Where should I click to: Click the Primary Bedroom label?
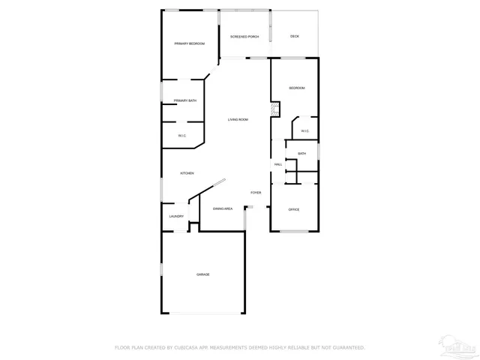190,43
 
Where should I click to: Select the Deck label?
295,36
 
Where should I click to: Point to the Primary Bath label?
185,100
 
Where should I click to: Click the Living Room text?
238,120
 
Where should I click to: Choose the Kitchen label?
187,173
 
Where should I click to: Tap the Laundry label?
176,216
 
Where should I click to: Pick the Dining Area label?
223,208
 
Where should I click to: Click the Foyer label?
256,193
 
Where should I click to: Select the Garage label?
203,274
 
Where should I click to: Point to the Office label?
294,209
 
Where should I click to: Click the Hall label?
278,164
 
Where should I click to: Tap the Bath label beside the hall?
301,154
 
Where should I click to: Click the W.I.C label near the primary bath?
182,135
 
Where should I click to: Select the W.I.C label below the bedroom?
305,131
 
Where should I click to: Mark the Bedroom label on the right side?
297,88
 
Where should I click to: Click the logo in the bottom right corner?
459,346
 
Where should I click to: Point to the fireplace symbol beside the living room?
275,111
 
